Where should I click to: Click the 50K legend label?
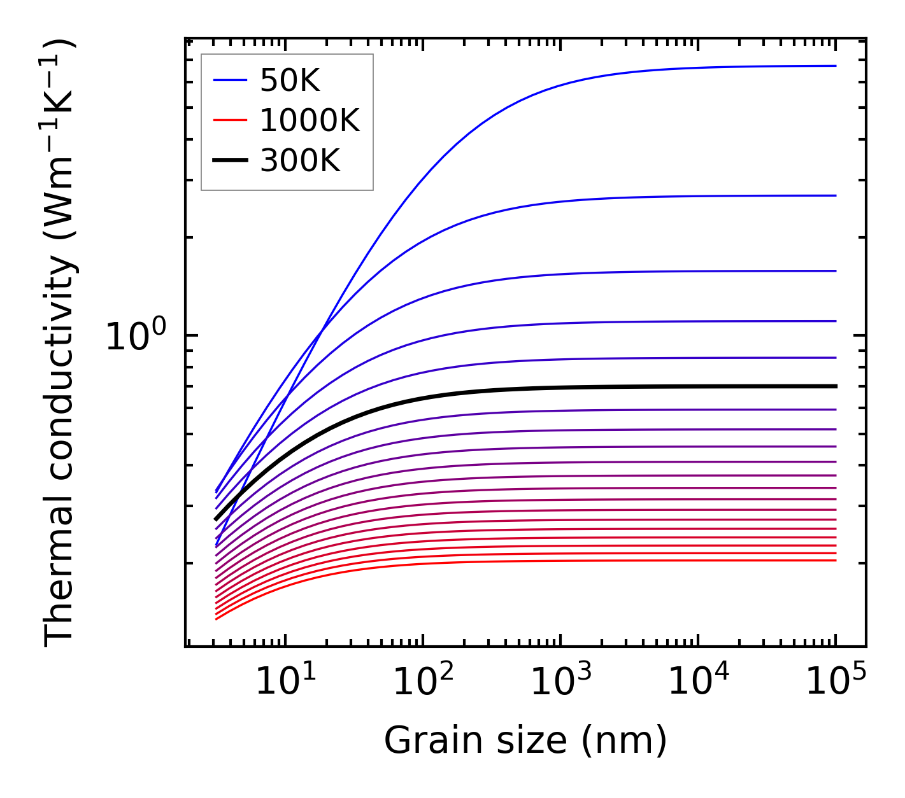(289, 80)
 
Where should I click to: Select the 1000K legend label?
(310, 120)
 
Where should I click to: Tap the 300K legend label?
(300, 161)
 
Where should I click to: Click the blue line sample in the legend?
(229, 80)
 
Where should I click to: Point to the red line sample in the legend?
(229, 120)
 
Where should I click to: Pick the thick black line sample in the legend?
(229, 161)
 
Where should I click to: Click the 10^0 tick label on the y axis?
(135, 337)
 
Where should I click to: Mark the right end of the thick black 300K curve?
(836, 386)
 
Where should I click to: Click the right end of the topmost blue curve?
(836, 66)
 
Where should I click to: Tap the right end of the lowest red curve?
(836, 560)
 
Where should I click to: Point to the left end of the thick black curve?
(216, 519)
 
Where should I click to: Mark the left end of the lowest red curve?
(217, 619)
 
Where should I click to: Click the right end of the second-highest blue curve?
(836, 195)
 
